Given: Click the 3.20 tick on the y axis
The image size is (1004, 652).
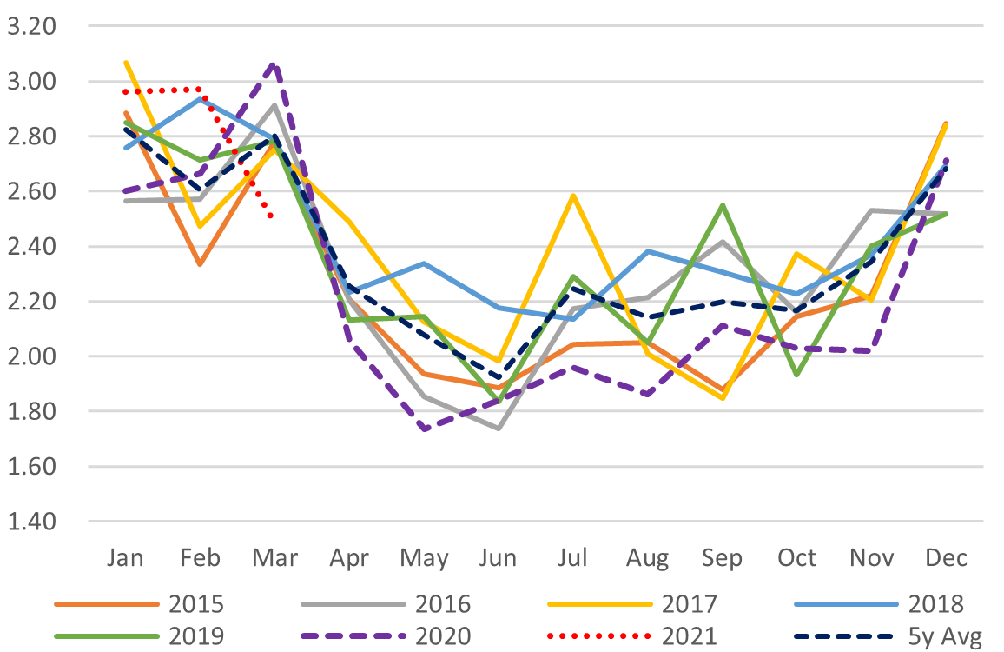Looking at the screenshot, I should (x=30, y=26).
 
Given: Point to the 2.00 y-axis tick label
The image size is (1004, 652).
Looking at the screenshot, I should (x=30, y=356).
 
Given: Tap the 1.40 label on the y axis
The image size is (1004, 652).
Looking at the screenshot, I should (x=30, y=522).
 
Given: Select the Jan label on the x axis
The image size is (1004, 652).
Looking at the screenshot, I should (x=125, y=557).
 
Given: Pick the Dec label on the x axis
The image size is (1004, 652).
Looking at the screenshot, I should (x=947, y=557).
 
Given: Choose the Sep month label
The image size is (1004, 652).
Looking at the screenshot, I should (x=723, y=557).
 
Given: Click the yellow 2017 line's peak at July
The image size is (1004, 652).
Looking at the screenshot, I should (x=573, y=196).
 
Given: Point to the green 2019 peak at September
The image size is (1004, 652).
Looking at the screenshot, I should (x=723, y=205).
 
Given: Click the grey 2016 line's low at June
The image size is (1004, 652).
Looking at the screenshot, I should (x=499, y=429).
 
